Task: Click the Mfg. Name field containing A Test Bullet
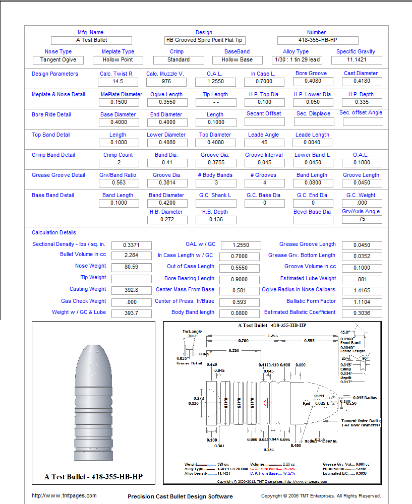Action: click(91, 40)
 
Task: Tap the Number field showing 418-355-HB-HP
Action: click(317, 40)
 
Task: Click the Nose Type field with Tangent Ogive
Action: click(58, 60)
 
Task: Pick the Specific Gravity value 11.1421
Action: click(356, 60)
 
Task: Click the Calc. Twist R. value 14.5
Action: click(118, 82)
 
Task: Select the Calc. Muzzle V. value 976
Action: click(166, 82)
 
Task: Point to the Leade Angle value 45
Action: click(265, 143)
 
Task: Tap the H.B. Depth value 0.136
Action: click(216, 220)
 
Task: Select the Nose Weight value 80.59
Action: click(131, 267)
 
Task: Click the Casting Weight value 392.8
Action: click(131, 290)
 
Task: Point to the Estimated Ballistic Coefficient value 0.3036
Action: click(361, 313)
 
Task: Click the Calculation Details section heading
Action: click(54, 233)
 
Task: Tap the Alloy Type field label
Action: click(296, 52)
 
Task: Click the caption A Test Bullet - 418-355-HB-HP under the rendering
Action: click(93, 477)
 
